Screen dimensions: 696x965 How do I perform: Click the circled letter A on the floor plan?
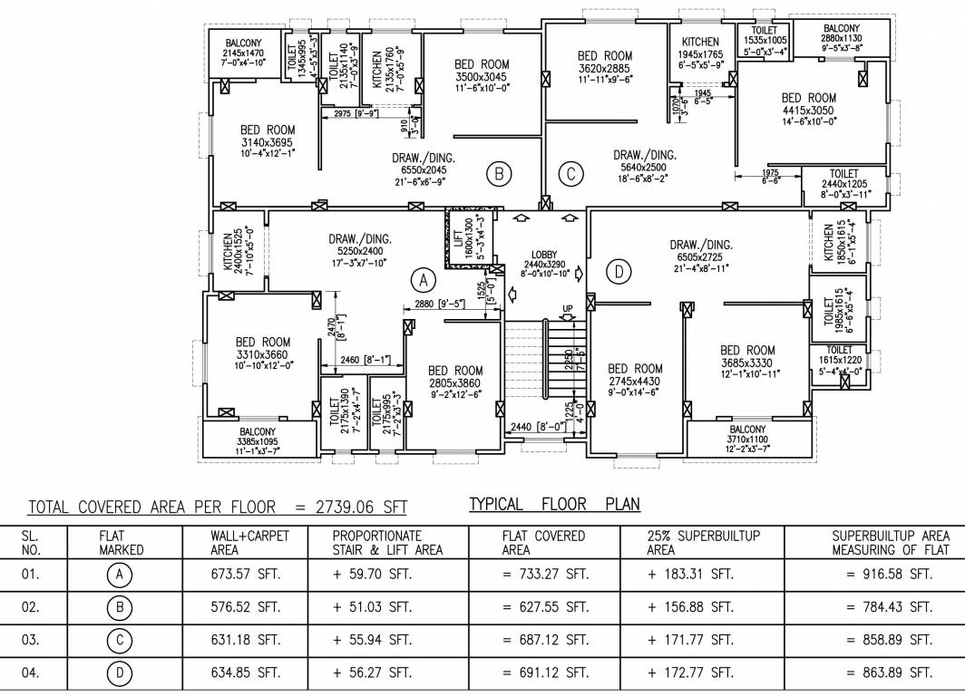pyautogui.click(x=423, y=276)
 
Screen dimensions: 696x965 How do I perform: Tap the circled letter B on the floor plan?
pyautogui.click(x=498, y=173)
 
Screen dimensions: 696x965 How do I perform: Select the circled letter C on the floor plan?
pyautogui.click(x=570, y=173)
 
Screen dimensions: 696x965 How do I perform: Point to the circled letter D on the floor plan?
pyautogui.click(x=618, y=271)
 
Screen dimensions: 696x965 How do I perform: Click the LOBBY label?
pyautogui.click(x=545, y=255)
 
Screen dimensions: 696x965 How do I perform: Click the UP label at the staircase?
pyautogui.click(x=568, y=310)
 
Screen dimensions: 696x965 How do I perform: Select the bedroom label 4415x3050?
pyautogui.click(x=809, y=109)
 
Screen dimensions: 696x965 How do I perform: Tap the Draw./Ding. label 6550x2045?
pyautogui.click(x=424, y=169)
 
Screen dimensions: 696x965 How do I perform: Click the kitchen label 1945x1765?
pyautogui.click(x=700, y=54)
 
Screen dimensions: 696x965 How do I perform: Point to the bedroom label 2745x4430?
pyautogui.click(x=635, y=380)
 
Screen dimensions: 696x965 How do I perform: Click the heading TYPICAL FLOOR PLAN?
pyautogui.click(x=554, y=504)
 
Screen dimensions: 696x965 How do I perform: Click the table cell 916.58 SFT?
pyautogui.click(x=889, y=575)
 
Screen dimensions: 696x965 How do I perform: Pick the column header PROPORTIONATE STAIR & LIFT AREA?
pyautogui.click(x=387, y=542)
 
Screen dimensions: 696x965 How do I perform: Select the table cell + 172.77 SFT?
pyautogui.click(x=690, y=672)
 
